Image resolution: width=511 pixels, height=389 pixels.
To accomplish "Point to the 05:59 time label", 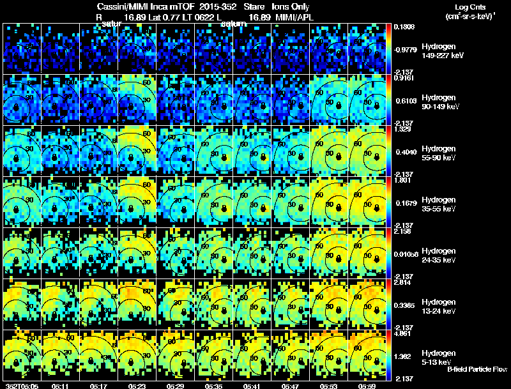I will click(367, 386).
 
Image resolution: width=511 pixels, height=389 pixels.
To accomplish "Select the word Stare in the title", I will click(254, 6).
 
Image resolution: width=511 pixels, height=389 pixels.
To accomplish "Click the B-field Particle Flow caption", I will click(477, 370).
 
